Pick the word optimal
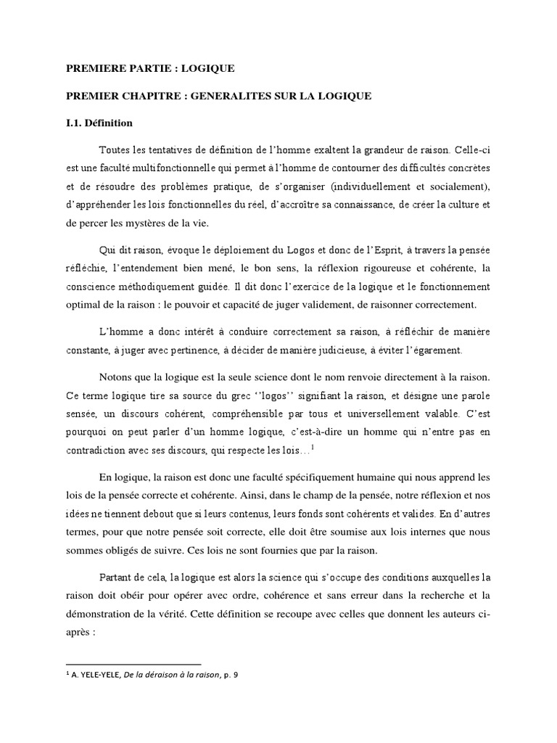point(83,304)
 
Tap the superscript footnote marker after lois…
point(312,447)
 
